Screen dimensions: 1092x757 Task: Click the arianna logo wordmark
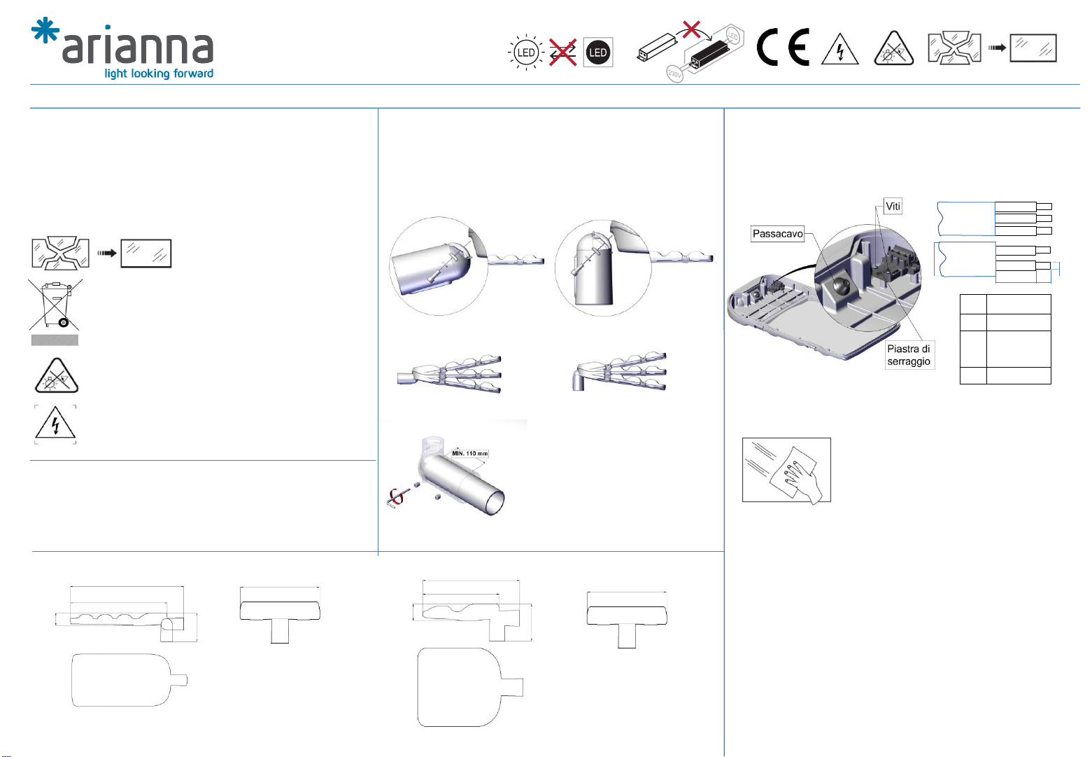138,48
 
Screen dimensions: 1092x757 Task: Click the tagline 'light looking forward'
159,74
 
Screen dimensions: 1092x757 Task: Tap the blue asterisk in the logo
45,30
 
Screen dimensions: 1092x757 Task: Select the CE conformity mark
783,47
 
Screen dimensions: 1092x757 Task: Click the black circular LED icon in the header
597,53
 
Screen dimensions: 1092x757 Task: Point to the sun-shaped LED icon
526,53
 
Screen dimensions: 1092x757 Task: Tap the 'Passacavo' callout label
777,234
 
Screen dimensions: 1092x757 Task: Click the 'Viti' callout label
893,206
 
